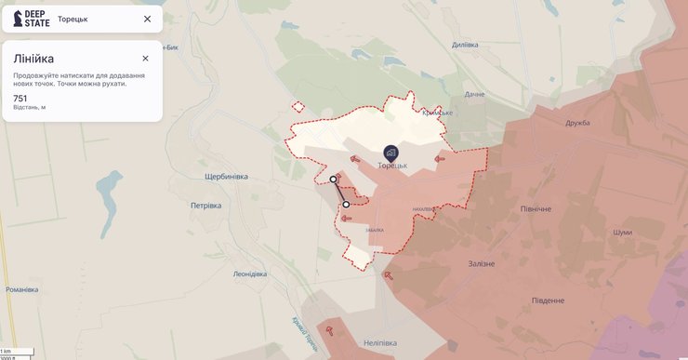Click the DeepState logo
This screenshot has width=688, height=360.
coord(32,19)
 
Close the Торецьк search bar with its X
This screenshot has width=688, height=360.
coord(147,19)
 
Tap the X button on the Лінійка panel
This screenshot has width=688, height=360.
coord(145,58)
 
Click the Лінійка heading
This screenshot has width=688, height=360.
coord(33,59)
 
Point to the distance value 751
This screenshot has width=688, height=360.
coord(20,98)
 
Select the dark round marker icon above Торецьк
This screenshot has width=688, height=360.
coord(390,153)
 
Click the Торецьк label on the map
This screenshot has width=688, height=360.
coord(392,166)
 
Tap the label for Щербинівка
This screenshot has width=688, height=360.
coord(227,177)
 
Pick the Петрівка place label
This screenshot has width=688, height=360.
coord(205,206)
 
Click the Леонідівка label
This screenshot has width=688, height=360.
coord(249,274)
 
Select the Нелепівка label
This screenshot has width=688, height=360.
coord(379,343)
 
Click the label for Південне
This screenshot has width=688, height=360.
coord(548,300)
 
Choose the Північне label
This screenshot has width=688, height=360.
coord(536,209)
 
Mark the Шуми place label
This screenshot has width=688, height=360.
coord(622,233)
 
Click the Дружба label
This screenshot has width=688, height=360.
coord(577,123)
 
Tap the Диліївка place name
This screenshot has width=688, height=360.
coord(464,45)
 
